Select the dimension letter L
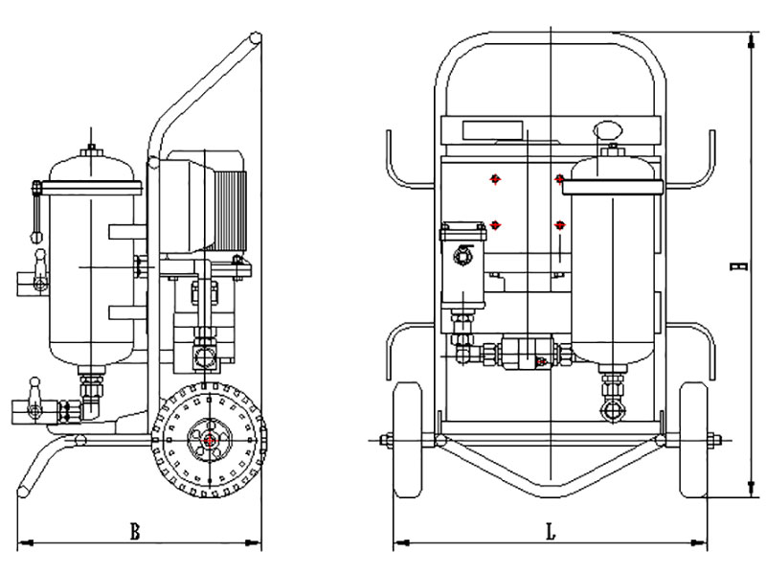[x=551, y=532]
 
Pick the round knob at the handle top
[x=255, y=39]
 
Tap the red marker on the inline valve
[x=542, y=361]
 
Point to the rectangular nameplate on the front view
[x=492, y=130]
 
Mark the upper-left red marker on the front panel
[x=494, y=178]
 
